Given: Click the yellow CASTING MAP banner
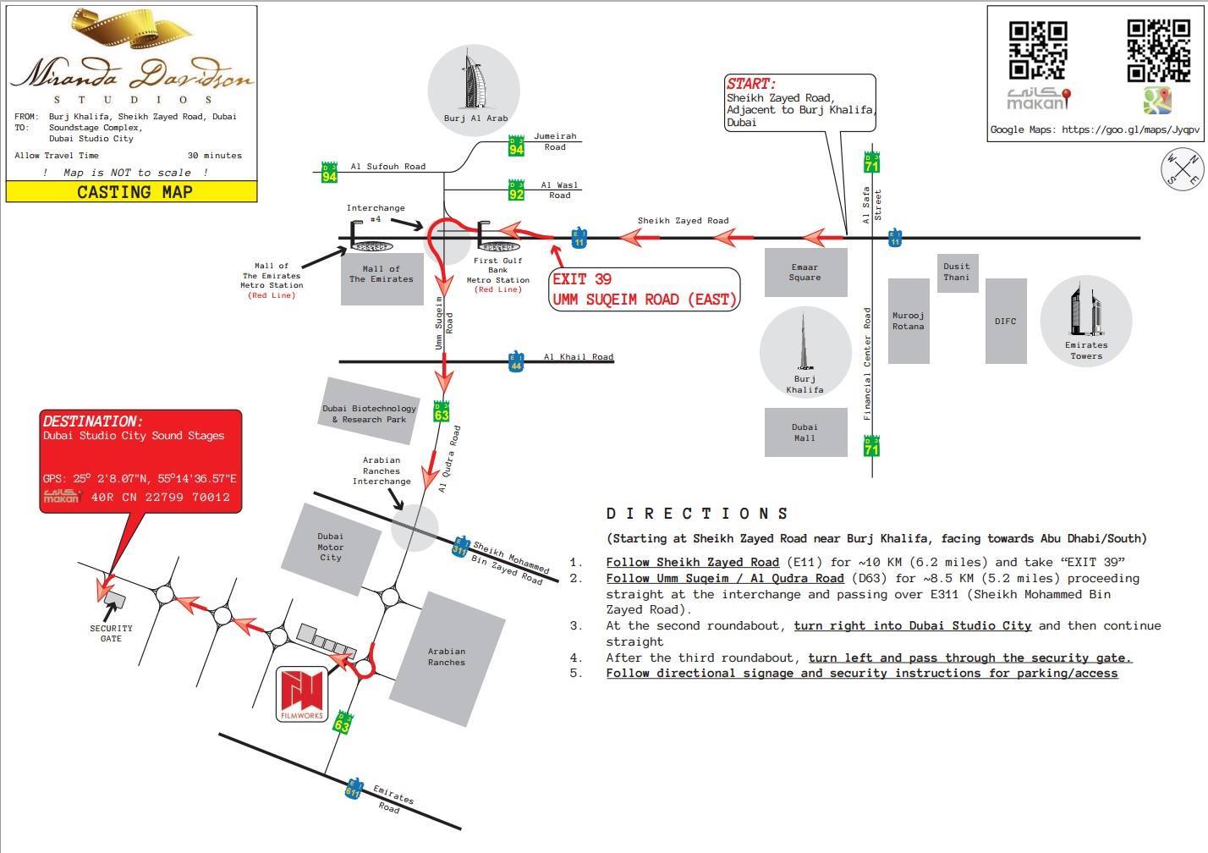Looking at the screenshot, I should tap(132, 192).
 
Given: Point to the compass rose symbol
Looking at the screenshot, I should tap(1182, 168).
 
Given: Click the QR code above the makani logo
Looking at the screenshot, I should tap(1037, 50).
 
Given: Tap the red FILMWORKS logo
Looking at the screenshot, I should tap(302, 692).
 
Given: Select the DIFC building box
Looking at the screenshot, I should tap(1005, 321).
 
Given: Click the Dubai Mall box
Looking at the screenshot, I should tap(804, 432).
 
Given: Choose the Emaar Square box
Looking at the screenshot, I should tap(804, 272).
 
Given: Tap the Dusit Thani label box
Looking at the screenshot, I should tap(957, 272).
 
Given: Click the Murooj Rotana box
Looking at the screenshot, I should tap(908, 321).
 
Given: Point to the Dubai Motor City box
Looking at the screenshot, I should tap(330, 547).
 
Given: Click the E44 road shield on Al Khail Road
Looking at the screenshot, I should tap(516, 361).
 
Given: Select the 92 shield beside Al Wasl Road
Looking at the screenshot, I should tap(516, 190).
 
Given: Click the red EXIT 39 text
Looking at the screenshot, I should tap(582, 279).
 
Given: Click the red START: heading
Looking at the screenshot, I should tap(750, 84).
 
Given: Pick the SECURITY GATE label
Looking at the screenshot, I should tap(111, 633).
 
